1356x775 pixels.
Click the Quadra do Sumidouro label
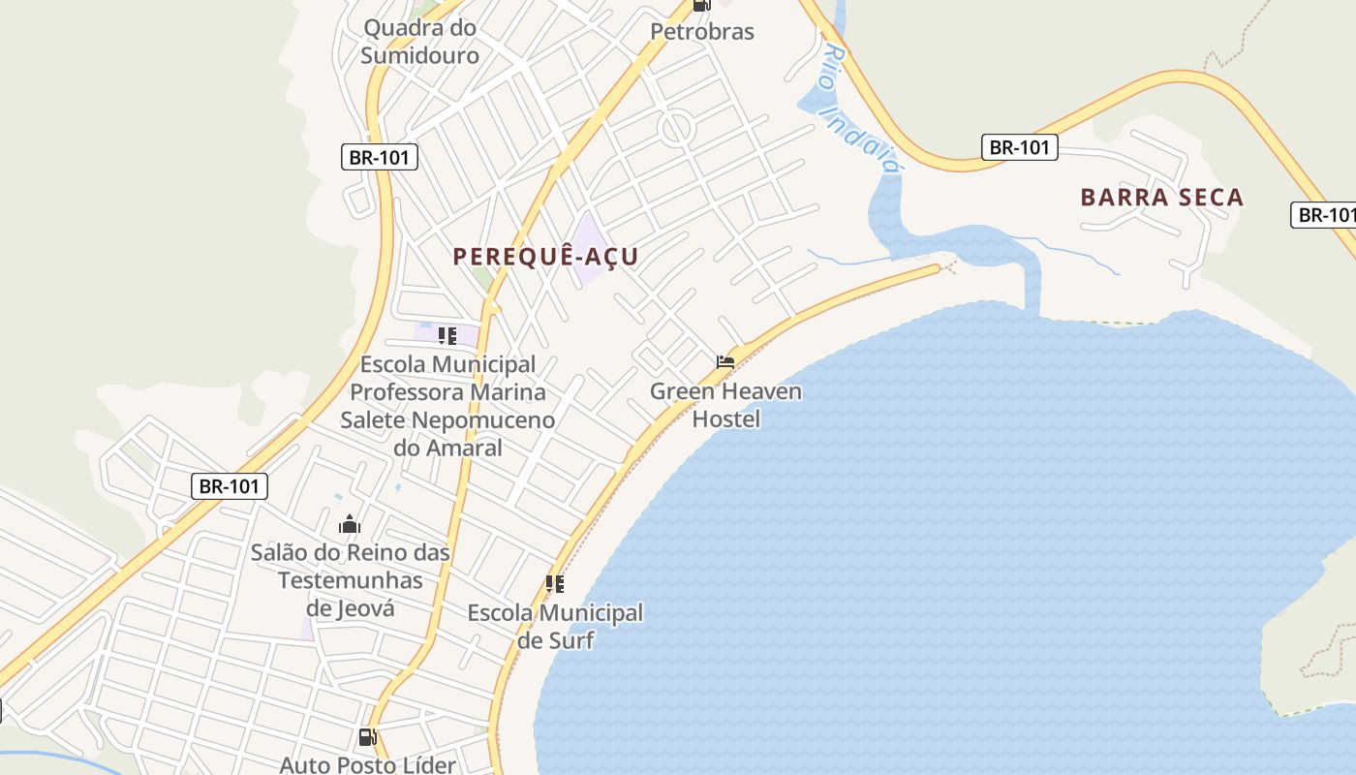pyautogui.click(x=420, y=42)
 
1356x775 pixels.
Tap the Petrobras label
pyautogui.click(x=701, y=31)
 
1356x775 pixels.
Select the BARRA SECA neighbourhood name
pyautogui.click(x=1161, y=198)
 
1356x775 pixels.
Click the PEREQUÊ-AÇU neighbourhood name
pyautogui.click(x=545, y=257)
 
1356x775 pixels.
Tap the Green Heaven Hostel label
pyautogui.click(x=725, y=405)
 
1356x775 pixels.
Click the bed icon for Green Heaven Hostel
pyautogui.click(x=725, y=361)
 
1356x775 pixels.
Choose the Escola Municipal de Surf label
pyautogui.click(x=555, y=626)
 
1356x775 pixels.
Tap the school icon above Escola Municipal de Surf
pyautogui.click(x=555, y=583)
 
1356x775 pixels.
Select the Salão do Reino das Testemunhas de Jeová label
pyautogui.click(x=351, y=579)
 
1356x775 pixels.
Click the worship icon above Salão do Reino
pyautogui.click(x=350, y=525)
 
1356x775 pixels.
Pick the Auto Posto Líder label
pyautogui.click(x=367, y=764)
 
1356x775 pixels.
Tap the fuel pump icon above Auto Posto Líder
pyautogui.click(x=367, y=737)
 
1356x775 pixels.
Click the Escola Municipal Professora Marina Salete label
pyautogui.click(x=447, y=406)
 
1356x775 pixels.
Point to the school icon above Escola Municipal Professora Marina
pyautogui.click(x=447, y=336)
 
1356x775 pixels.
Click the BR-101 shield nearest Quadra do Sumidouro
pyautogui.click(x=380, y=157)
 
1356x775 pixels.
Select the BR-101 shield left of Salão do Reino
pyautogui.click(x=230, y=485)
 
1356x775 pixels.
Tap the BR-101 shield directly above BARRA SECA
pyautogui.click(x=1019, y=147)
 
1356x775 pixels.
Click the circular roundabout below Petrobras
pyautogui.click(x=675, y=127)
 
